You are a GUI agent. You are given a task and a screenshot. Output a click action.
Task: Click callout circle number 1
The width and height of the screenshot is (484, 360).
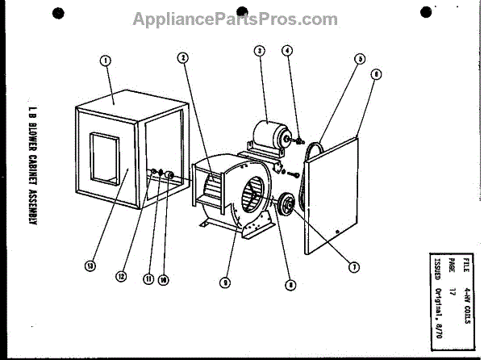105,59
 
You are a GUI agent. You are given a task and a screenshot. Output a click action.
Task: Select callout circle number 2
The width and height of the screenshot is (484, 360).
184,58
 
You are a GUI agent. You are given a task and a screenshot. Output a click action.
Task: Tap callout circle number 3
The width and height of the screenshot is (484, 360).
259,51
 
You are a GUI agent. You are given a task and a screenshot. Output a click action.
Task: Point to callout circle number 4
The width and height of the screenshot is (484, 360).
286,51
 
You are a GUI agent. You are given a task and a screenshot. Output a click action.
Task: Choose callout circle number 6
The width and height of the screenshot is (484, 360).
376,73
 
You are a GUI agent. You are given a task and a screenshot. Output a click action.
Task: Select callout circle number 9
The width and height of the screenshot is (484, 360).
226,282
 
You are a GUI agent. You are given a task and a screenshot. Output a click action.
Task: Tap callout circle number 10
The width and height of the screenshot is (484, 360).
163,280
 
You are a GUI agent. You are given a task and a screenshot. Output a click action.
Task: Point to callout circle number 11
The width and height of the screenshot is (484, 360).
148,280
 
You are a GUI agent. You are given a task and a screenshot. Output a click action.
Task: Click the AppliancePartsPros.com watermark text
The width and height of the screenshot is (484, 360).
224,19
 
